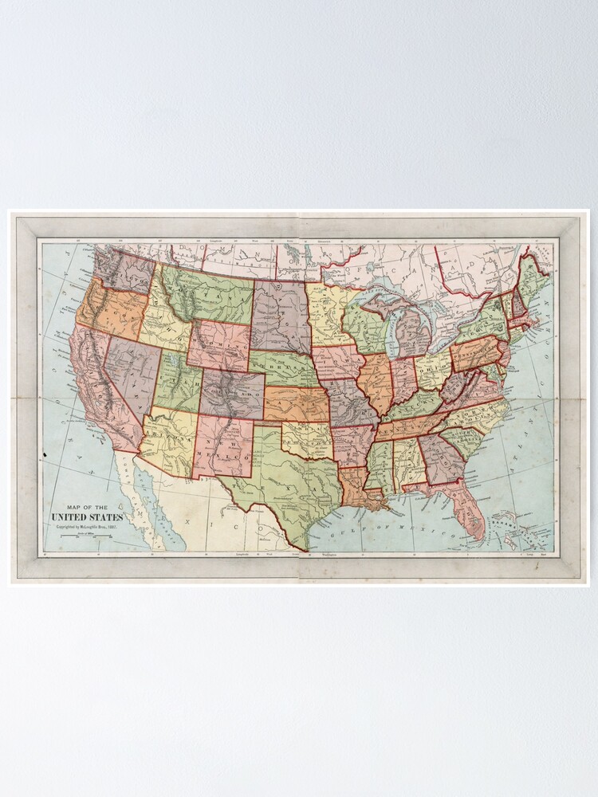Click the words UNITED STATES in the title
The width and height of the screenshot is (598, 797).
click(87, 516)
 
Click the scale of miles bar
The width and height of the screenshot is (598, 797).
click(83, 537)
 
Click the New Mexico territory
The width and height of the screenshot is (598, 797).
click(222, 446)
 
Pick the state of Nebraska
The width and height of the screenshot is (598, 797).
click(284, 367)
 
